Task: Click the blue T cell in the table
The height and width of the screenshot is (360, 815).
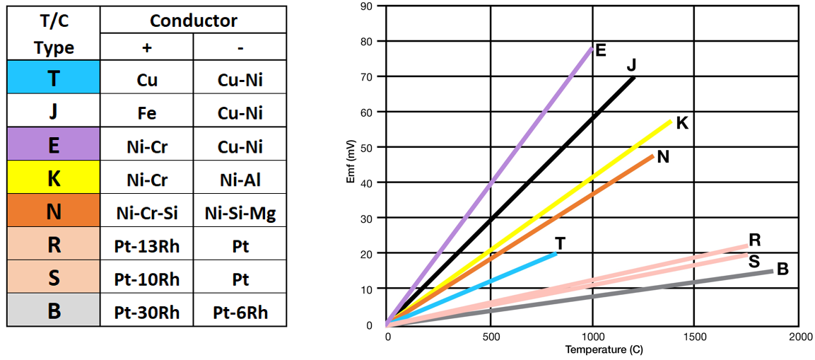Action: [54, 78]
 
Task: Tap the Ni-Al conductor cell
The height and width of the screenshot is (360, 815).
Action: [240, 180]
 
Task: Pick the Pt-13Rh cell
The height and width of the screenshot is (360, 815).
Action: [147, 246]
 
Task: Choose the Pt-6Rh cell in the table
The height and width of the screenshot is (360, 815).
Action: [240, 312]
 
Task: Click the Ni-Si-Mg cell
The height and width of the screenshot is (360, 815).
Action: [240, 213]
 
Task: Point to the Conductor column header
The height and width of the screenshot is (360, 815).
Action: [194, 21]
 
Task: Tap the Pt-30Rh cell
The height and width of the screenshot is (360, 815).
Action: [147, 312]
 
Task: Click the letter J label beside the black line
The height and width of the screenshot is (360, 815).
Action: [631, 65]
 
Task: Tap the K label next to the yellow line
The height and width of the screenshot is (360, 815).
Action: [682, 123]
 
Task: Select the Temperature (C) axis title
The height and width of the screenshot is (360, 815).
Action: [604, 350]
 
